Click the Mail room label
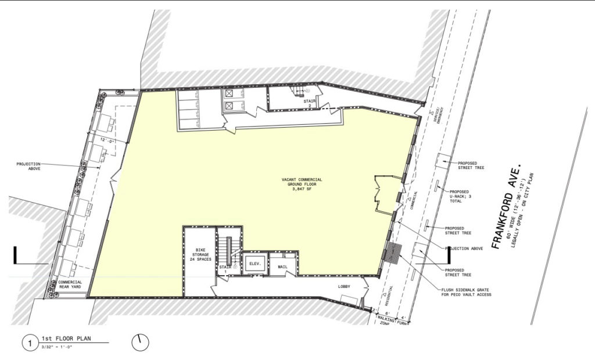click(283, 267)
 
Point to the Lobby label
click(344, 286)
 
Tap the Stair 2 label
click(309, 103)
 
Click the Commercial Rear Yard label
click(69, 285)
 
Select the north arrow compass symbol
click(139, 343)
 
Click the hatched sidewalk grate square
click(395, 251)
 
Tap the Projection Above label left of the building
click(33, 167)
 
